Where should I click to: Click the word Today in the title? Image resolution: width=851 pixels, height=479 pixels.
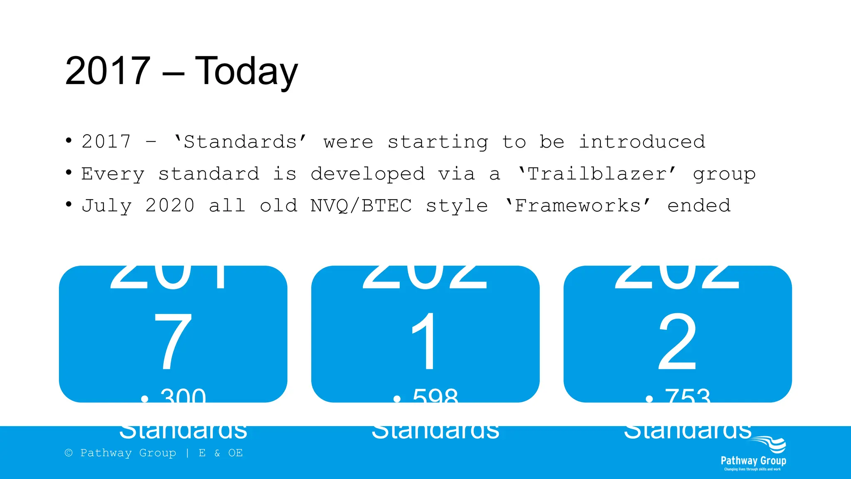click(246, 72)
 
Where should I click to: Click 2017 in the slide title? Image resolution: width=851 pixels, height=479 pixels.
click(108, 72)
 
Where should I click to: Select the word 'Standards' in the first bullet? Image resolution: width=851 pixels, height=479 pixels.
click(240, 142)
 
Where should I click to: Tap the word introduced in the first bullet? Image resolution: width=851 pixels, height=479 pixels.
click(642, 142)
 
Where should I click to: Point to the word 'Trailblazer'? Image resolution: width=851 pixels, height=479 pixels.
click(597, 174)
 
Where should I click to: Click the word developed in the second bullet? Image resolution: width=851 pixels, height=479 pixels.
click(368, 174)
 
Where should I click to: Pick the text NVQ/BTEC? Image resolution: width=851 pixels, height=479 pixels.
click(361, 206)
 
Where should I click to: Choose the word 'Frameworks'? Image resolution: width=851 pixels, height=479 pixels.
click(578, 206)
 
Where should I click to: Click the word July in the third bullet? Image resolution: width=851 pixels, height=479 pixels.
click(107, 206)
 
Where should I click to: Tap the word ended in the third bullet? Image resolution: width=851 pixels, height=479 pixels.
click(699, 206)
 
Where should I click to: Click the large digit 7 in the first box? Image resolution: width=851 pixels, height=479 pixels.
click(172, 342)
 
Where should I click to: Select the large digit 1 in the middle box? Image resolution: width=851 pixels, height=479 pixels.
click(425, 342)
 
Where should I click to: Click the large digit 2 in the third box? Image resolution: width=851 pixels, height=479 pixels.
click(677, 342)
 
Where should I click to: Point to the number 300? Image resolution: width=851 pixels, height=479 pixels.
click(183, 396)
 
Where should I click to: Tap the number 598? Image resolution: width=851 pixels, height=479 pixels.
click(435, 396)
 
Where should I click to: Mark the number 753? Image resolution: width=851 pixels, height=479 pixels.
click(688, 396)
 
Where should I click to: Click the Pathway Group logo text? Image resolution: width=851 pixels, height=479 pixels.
click(753, 461)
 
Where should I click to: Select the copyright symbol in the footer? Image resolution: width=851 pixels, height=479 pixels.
click(69, 453)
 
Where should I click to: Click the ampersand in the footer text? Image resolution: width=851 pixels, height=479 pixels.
click(217, 453)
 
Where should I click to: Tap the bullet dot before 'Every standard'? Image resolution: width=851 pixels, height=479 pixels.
click(69, 172)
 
